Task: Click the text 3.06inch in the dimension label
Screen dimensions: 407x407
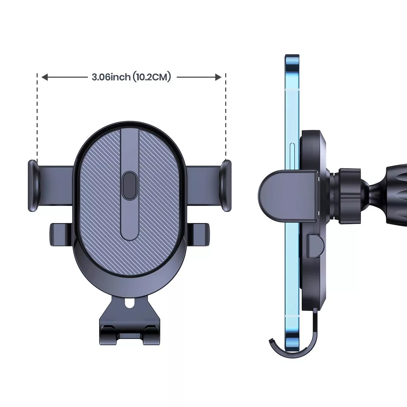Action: [111, 77]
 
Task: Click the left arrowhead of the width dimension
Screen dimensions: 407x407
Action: [45, 77]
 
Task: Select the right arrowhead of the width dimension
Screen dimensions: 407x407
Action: [218, 77]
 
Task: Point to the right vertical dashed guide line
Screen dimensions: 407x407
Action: [226, 117]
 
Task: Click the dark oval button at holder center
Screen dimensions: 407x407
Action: [129, 186]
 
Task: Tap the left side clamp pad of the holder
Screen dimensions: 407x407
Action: [34, 186]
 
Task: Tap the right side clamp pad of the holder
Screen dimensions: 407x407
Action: [225, 186]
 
